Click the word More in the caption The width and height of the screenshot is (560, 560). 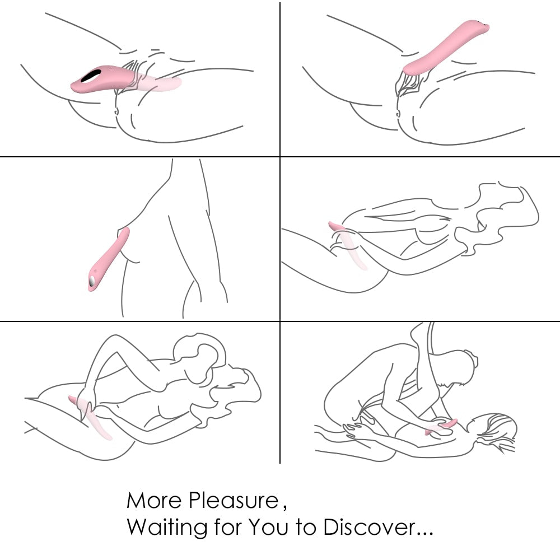click(154, 500)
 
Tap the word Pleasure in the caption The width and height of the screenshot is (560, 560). click(234, 500)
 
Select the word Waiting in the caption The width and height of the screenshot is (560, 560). click(167, 527)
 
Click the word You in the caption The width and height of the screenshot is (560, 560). click(269, 527)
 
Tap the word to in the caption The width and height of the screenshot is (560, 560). click(306, 528)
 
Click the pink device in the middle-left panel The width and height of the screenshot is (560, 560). click(108, 260)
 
